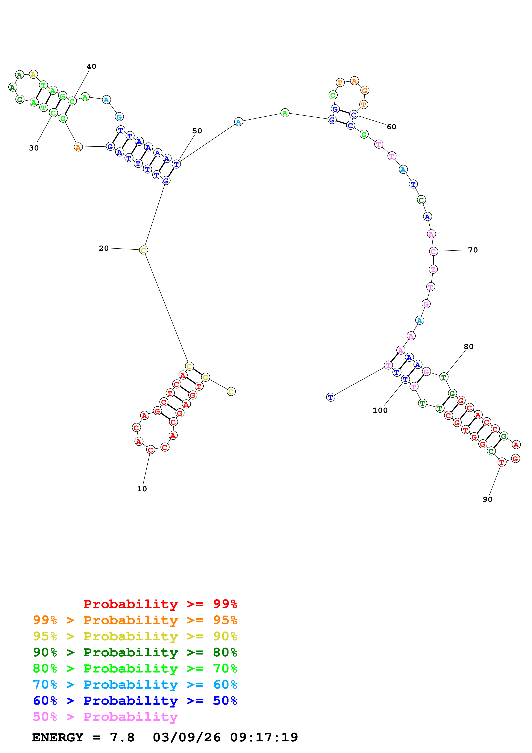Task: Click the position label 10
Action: [142, 489]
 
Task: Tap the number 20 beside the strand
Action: [104, 248]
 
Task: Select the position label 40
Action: [91, 67]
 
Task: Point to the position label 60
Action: [391, 127]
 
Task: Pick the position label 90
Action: [487, 499]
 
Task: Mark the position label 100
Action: [380, 410]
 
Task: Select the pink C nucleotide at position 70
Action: [433, 252]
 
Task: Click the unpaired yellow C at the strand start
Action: [231, 392]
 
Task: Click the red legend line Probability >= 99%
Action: [160, 604]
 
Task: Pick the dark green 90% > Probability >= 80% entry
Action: [135, 652]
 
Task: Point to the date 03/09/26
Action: [186, 737]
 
